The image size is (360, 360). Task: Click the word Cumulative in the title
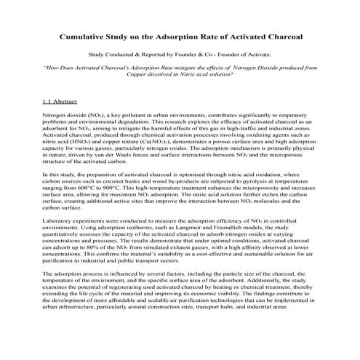tap(87, 35)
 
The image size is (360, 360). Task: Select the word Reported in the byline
tap(150, 55)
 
